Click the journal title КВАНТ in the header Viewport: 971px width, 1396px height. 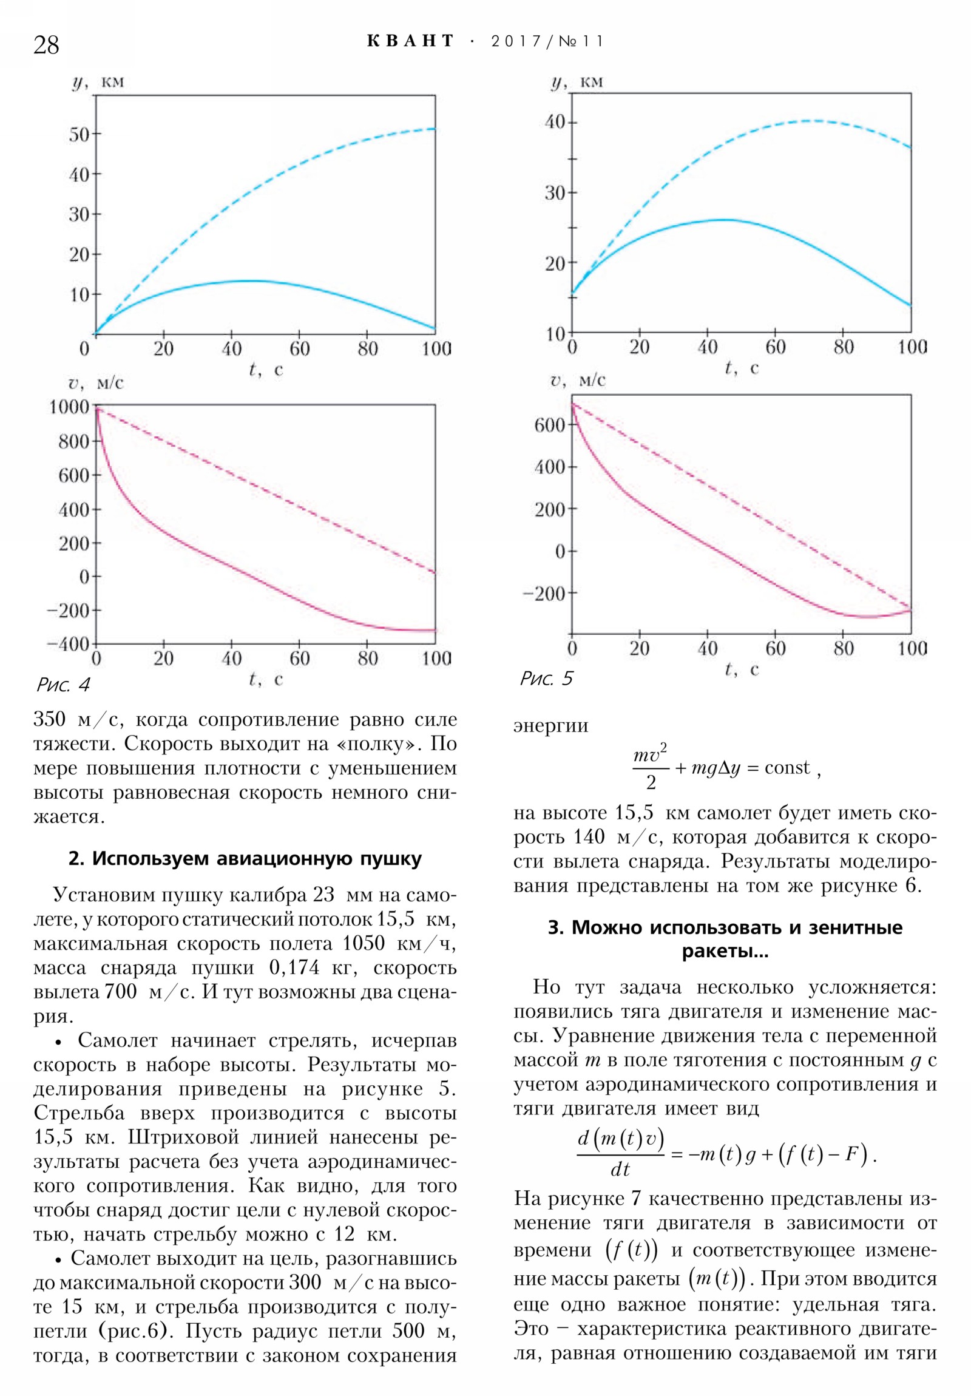[411, 41]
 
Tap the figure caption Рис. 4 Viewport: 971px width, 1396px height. [63, 685]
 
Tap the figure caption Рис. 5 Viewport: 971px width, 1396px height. [546, 679]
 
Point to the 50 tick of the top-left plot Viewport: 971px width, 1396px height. [79, 134]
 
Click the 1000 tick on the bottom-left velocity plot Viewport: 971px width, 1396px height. [69, 406]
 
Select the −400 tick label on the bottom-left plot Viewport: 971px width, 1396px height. [68, 643]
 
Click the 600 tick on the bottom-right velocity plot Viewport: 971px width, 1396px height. [550, 425]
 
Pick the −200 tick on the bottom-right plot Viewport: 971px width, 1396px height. [544, 594]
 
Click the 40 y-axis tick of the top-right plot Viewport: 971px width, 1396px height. [555, 122]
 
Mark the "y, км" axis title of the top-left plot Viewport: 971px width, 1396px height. [98, 82]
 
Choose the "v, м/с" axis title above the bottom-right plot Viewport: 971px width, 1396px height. [578, 381]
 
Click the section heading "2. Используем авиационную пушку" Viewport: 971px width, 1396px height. [245, 858]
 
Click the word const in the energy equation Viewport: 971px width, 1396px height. [787, 768]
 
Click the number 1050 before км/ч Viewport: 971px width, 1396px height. [363, 943]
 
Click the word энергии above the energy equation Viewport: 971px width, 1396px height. [551, 725]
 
